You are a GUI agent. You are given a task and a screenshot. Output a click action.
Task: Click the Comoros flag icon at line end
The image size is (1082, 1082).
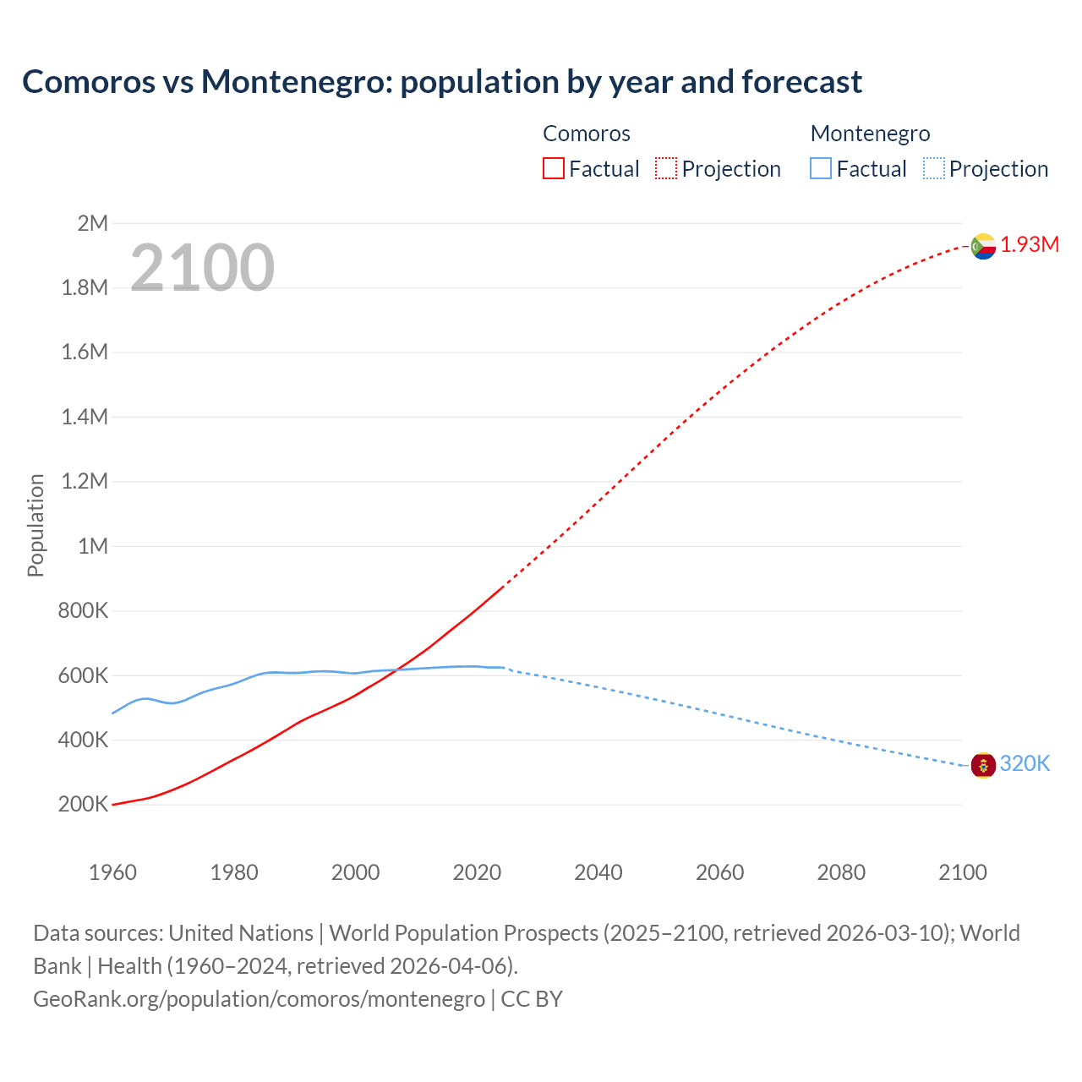coord(983,246)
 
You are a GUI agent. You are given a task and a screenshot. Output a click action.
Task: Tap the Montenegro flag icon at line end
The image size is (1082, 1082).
coord(983,765)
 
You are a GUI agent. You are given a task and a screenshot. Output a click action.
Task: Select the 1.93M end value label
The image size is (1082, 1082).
coord(1030,245)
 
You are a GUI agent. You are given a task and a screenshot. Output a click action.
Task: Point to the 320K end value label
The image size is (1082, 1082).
coord(1025,764)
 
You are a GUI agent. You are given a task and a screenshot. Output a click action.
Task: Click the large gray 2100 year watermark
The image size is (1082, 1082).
coord(202,268)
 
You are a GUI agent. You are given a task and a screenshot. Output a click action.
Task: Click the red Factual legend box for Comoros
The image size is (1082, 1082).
coord(554,169)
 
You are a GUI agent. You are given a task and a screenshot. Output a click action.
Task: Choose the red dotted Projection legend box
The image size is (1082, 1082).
coord(666,169)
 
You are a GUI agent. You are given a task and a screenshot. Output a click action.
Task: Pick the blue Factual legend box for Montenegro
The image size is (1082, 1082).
coord(821,169)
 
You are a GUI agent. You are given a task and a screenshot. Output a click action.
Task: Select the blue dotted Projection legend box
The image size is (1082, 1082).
coord(933,169)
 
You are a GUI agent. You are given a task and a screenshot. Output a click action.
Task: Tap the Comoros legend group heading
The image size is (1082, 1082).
coord(587,134)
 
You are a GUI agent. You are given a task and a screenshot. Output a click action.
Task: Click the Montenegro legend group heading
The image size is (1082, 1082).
coord(870,134)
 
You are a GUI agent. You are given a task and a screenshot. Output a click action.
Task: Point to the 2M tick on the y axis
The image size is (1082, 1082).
coord(93,223)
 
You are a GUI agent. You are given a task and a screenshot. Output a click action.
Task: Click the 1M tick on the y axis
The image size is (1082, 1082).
coord(93,546)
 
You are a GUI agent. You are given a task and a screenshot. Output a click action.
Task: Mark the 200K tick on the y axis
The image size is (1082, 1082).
coord(83,805)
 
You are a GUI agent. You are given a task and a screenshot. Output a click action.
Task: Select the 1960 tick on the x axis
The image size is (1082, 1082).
coord(112,872)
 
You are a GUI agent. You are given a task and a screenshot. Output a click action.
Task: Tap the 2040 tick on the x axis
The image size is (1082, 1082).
coord(598,872)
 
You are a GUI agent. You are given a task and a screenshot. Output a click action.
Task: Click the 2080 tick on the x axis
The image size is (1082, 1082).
coord(841,872)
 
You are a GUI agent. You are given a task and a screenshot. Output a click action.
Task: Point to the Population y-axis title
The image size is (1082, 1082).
coord(36,525)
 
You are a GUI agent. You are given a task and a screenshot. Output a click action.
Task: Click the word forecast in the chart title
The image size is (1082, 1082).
coord(801,82)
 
